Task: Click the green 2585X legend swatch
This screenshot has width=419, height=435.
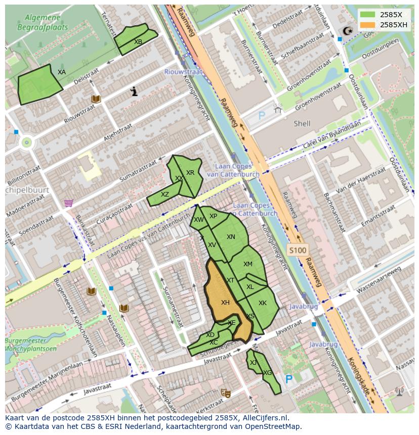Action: click(x=368, y=15)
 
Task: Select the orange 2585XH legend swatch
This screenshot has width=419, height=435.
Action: click(x=368, y=24)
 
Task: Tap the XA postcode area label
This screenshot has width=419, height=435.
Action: click(x=62, y=72)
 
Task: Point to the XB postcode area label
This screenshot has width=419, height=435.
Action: click(x=138, y=42)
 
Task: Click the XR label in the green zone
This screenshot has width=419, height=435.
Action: click(x=190, y=173)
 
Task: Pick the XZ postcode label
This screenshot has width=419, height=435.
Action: click(x=165, y=195)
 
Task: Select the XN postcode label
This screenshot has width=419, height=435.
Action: click(x=231, y=237)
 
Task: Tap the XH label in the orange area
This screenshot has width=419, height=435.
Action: click(x=225, y=303)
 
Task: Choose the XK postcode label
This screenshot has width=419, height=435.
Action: click(x=263, y=303)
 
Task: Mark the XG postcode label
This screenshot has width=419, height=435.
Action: click(x=268, y=373)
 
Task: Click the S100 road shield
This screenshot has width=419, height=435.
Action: click(x=297, y=250)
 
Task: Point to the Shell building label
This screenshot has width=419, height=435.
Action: click(x=302, y=123)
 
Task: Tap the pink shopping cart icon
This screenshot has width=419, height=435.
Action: click(x=68, y=203)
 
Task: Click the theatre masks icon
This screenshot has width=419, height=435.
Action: click(x=225, y=393)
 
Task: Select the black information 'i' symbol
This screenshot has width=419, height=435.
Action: click(x=134, y=91)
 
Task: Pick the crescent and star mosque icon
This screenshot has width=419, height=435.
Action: click(x=347, y=31)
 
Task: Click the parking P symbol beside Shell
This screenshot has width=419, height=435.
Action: click(x=262, y=116)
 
